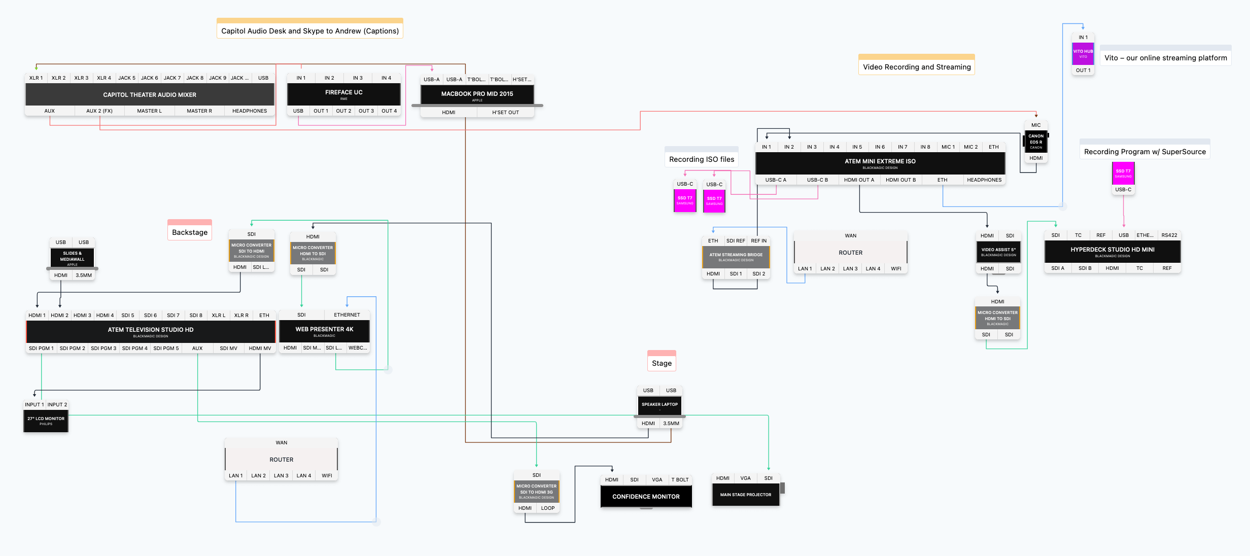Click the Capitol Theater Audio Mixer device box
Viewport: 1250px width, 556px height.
click(x=150, y=95)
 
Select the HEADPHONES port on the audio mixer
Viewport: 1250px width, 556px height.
click(x=249, y=111)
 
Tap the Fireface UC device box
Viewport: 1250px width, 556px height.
click(x=343, y=94)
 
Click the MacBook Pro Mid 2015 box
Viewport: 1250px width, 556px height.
click(x=477, y=95)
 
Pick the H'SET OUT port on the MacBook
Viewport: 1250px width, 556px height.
click(x=505, y=113)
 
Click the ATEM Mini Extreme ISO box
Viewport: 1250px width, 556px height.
click(x=880, y=162)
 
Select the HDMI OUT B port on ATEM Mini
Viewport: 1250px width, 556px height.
click(x=900, y=180)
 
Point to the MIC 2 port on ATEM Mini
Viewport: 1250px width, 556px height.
click(x=970, y=147)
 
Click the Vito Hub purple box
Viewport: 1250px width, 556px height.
click(x=1083, y=53)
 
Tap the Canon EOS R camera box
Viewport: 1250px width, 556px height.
click(x=1036, y=142)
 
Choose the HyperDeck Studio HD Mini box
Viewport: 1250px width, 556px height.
click(x=1112, y=251)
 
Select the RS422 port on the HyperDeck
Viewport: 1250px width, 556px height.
click(x=1169, y=235)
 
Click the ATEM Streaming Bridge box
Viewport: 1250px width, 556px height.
click(x=736, y=257)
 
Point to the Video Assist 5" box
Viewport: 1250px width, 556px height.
click(x=998, y=252)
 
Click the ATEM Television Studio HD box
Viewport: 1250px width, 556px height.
click(x=150, y=331)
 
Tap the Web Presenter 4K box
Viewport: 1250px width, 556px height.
click(x=324, y=331)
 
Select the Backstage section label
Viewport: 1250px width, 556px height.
click(x=190, y=232)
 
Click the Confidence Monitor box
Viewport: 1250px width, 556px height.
click(x=646, y=497)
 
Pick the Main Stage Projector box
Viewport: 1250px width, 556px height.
click(x=745, y=495)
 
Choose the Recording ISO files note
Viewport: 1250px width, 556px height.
click(x=701, y=159)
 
